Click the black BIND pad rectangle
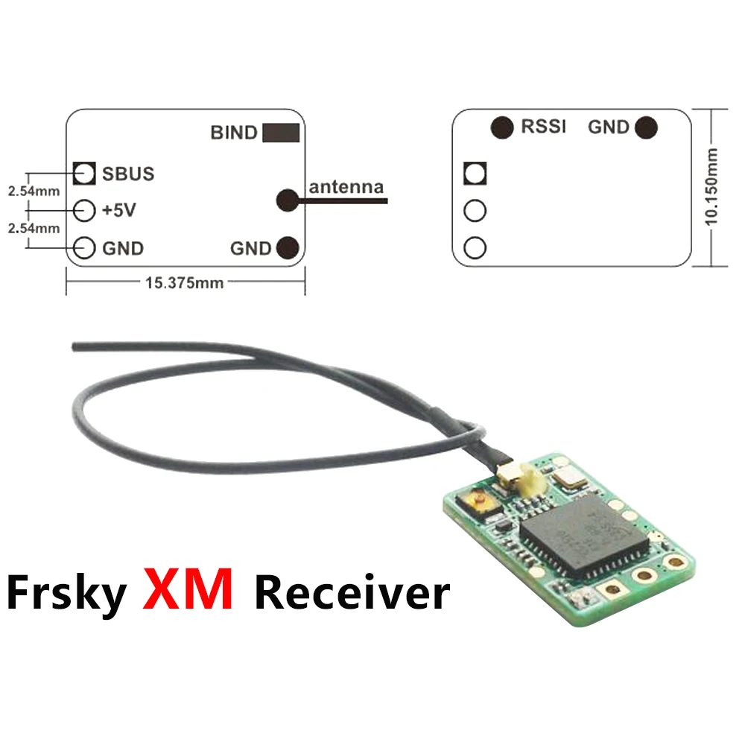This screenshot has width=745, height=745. (281, 133)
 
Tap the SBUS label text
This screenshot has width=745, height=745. (128, 174)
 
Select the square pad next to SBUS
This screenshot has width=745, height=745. (86, 174)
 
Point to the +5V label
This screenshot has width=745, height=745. (119, 211)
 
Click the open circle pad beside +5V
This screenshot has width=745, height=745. (86, 210)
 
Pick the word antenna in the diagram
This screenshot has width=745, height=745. (346, 187)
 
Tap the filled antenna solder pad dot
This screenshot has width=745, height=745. (288, 199)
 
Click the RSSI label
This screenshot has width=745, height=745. (543, 127)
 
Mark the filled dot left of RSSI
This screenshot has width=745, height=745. (502, 127)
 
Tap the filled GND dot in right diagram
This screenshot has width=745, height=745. (646, 128)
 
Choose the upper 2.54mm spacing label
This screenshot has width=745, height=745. (34, 191)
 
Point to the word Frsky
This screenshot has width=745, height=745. (66, 592)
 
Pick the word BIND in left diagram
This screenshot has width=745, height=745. (234, 133)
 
